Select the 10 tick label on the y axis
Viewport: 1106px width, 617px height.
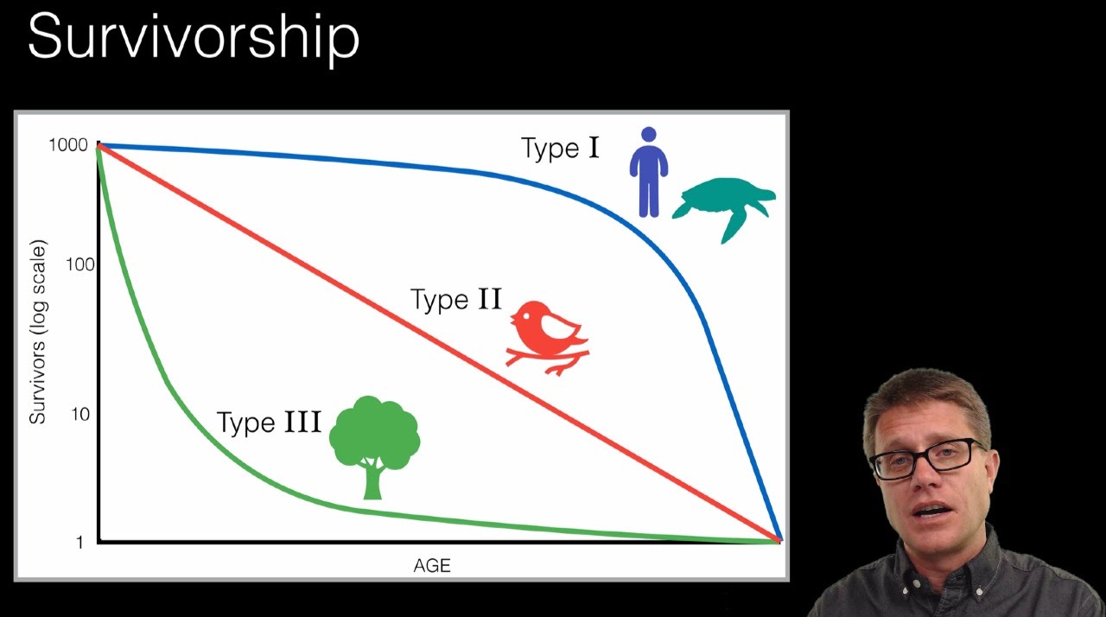[x=79, y=414]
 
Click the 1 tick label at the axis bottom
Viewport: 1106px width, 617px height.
[x=79, y=543]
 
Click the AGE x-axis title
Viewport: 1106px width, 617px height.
[x=432, y=566]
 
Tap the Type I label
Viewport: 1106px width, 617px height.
[x=560, y=149]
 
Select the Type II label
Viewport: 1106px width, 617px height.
[x=455, y=300]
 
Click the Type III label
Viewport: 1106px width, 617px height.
[x=269, y=423]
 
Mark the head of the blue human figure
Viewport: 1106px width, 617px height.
[x=648, y=135]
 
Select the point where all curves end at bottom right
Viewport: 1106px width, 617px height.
[x=779, y=541]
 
